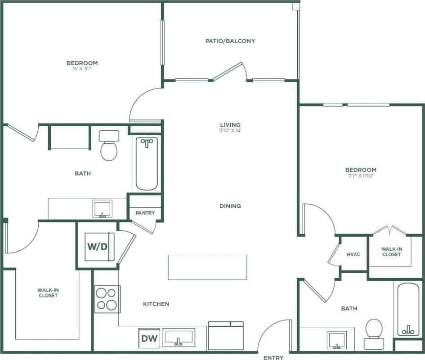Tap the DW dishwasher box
149,338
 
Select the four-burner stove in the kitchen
107,299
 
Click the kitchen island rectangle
207,267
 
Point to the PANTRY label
145,213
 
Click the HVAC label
353,254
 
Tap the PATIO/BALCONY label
230,41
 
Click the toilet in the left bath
109,146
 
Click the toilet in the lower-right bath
374,334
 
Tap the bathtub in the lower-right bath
408,309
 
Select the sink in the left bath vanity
103,209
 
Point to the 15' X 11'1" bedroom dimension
82,69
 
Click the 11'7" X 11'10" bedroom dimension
361,176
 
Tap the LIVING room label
230,124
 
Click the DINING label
230,206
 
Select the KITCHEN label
156,304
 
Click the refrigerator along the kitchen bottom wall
225,336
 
